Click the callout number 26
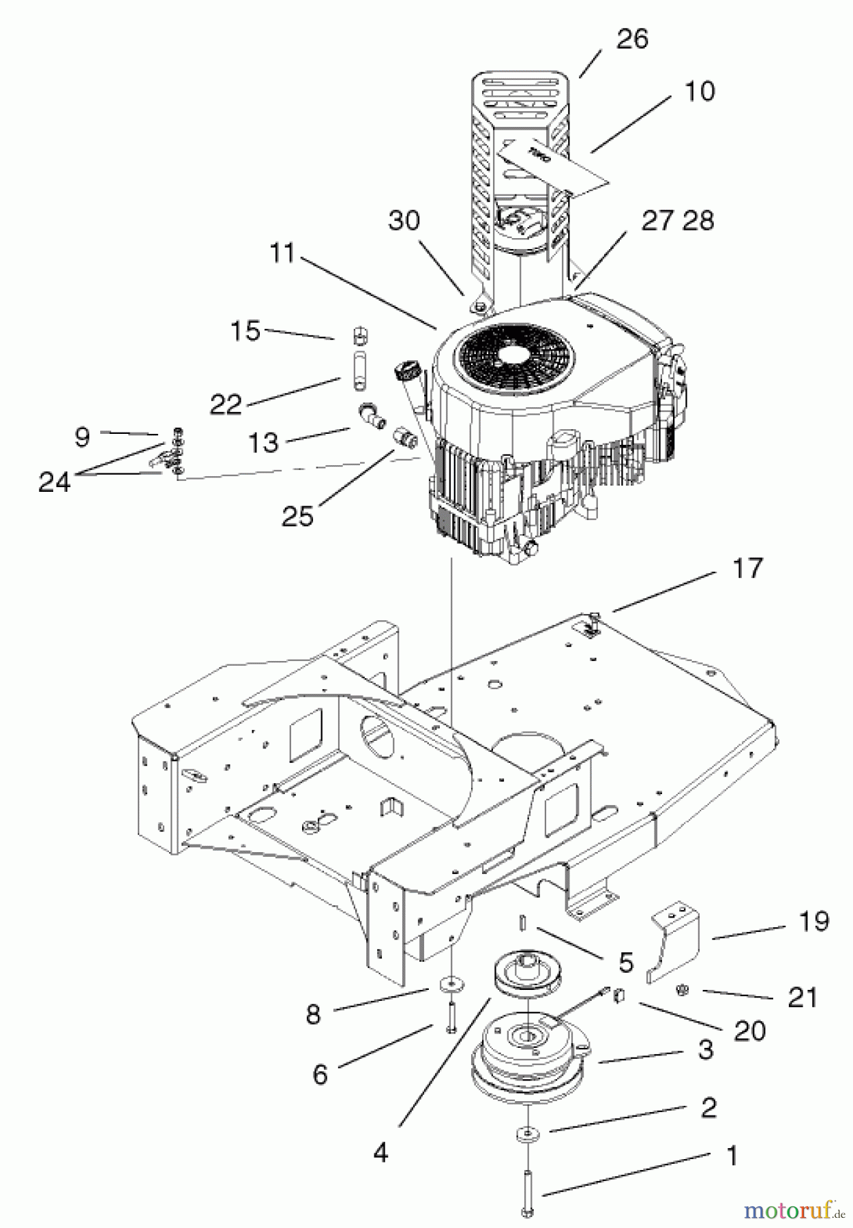pyautogui.click(x=631, y=39)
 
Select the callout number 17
pyautogui.click(x=747, y=568)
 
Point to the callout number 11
pyautogui.click(x=282, y=253)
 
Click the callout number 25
pyautogui.click(x=297, y=516)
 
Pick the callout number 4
pyautogui.click(x=380, y=1152)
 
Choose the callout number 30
pyautogui.click(x=404, y=220)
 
